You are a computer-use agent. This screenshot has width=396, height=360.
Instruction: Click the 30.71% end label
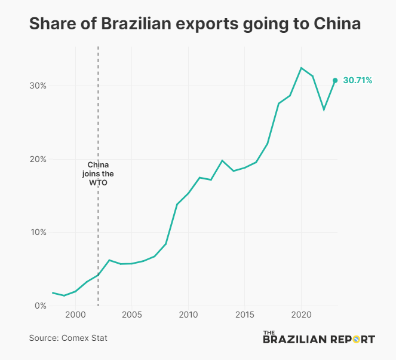click(358, 80)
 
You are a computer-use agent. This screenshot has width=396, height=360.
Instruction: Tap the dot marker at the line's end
click(335, 80)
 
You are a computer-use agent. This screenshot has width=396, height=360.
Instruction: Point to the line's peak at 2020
click(301, 68)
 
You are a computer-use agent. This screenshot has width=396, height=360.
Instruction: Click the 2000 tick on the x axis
click(75, 315)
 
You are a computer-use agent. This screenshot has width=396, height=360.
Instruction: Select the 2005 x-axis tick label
click(131, 315)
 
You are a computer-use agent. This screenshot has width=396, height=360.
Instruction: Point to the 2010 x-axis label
click(188, 315)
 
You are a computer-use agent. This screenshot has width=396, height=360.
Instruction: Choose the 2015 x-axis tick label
click(244, 315)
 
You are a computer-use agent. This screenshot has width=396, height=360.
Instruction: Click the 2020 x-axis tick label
click(301, 315)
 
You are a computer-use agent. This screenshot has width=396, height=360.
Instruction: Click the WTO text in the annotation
click(99, 183)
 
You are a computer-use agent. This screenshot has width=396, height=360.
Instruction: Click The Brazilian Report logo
click(319, 338)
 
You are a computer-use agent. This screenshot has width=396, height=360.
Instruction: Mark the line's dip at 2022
click(324, 109)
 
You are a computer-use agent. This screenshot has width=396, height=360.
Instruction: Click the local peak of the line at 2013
click(222, 160)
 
